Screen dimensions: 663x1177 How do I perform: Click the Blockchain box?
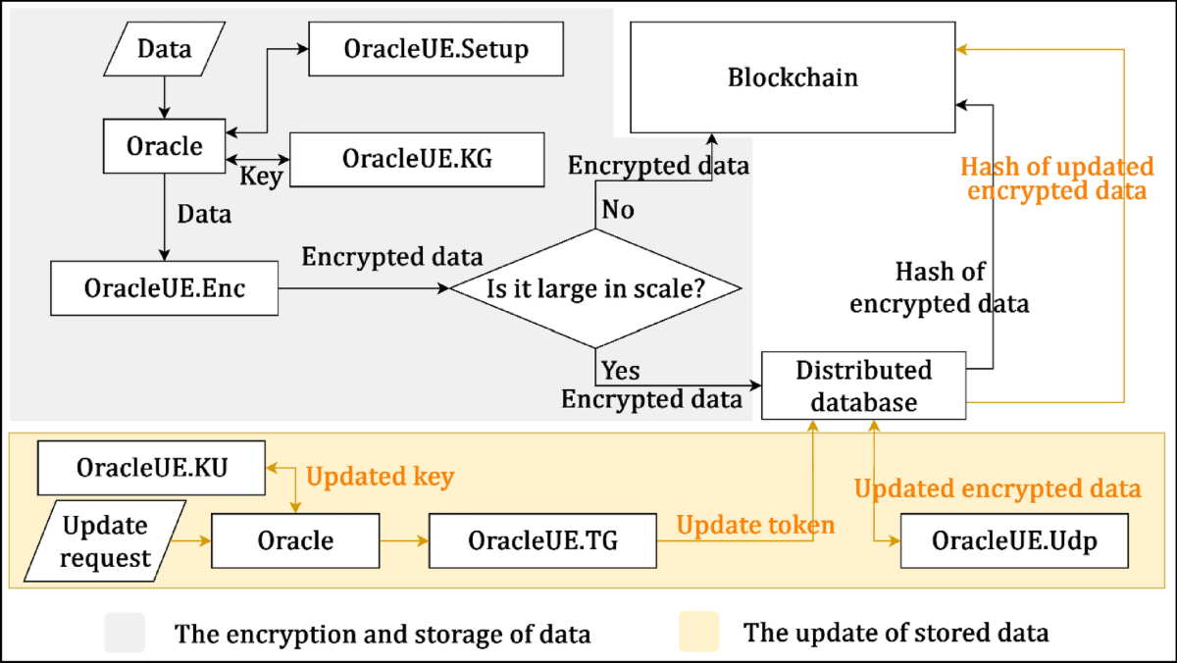coord(793,78)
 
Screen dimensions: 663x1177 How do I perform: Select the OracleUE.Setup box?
coord(435,48)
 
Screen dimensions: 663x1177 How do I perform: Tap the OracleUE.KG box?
coord(416,159)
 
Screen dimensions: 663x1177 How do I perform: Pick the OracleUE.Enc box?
coord(164,288)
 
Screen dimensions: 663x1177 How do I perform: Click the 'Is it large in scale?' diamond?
coord(595,288)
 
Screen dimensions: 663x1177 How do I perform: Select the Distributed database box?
coord(863,385)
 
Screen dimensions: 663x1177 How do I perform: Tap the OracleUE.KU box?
coord(151,468)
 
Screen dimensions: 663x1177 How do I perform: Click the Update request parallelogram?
coord(105,541)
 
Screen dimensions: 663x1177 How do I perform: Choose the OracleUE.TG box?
coord(542,540)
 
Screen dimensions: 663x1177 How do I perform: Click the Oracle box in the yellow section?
coord(295,540)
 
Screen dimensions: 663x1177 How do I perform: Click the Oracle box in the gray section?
coord(164,146)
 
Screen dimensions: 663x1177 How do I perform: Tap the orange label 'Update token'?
coord(754,525)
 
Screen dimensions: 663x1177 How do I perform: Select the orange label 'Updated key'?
coord(380,477)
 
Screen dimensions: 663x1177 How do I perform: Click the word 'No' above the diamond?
coord(618,210)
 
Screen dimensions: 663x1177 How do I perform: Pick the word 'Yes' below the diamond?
coord(620,370)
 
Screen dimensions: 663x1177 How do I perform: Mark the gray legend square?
coord(125,633)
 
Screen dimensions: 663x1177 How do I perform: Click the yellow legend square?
coord(698,632)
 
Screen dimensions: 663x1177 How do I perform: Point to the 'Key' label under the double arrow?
coord(261,177)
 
